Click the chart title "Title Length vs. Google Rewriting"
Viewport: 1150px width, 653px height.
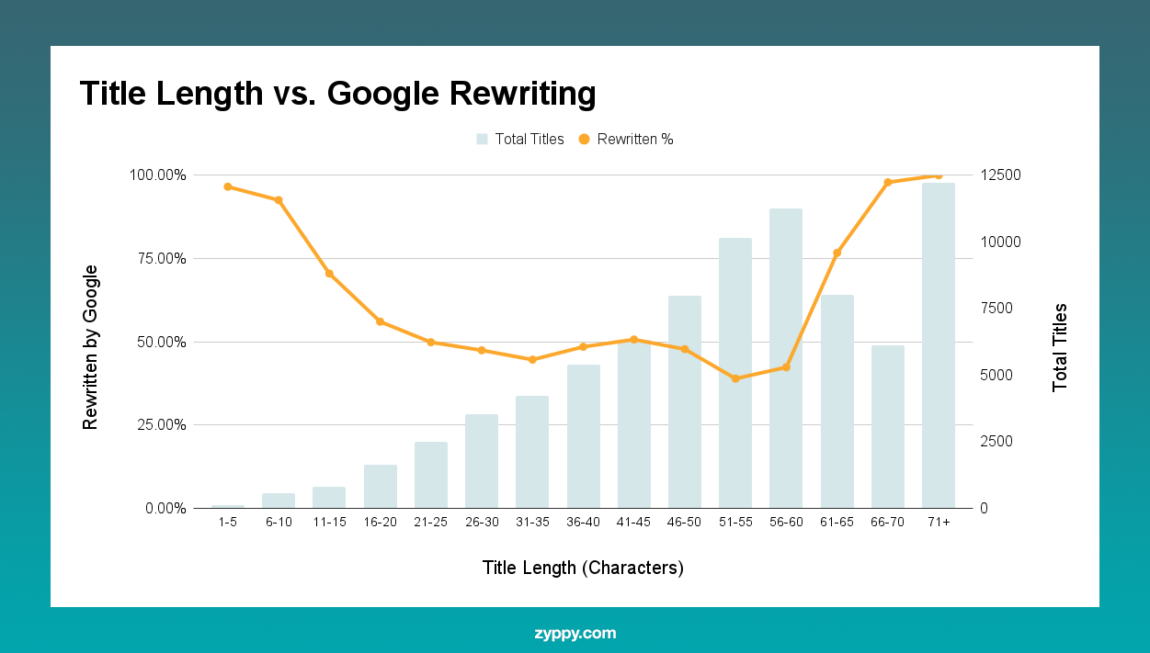337,94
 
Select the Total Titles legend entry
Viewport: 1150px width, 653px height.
519,140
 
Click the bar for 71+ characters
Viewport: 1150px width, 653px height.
939,344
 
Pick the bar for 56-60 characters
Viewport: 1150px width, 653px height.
786,358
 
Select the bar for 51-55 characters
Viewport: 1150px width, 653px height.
735,373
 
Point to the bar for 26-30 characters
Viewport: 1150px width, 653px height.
482,461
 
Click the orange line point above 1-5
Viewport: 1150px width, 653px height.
228,186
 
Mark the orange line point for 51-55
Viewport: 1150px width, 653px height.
735,378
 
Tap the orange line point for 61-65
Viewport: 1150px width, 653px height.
837,253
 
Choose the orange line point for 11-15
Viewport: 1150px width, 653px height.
329,274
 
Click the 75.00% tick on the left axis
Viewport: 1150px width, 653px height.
160,258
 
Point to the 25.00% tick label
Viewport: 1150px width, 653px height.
160,425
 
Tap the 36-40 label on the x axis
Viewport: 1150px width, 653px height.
583,523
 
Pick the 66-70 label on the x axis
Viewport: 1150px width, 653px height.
887,523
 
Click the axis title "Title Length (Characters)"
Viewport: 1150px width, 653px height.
583,568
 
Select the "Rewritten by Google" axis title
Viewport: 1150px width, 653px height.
90,347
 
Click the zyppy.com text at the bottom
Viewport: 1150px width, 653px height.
575,634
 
